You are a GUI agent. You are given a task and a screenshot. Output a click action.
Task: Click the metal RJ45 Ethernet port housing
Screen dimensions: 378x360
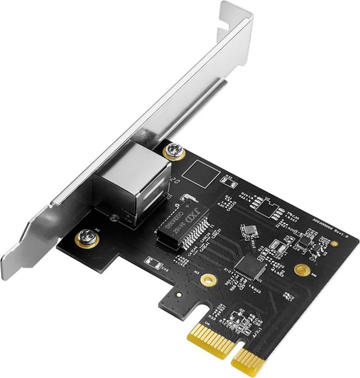[x=131, y=178]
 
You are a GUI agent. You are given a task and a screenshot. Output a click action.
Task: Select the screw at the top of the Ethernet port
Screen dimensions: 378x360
[x=174, y=152]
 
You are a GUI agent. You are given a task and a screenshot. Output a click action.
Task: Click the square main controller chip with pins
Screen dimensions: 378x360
[x=250, y=267]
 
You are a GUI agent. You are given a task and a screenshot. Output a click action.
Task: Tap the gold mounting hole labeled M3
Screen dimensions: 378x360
[x=208, y=279]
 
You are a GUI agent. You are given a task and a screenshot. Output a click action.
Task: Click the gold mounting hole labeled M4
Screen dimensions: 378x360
[x=301, y=270]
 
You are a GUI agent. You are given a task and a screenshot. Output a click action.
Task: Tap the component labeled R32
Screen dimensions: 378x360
[x=228, y=181]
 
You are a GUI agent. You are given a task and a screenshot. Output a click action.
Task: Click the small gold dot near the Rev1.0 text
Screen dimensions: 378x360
[x=334, y=243]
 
